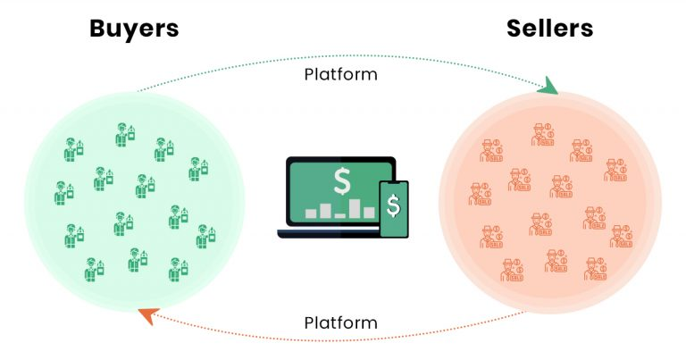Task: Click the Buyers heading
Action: pyautogui.click(x=134, y=29)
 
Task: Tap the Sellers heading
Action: pyautogui.click(x=549, y=29)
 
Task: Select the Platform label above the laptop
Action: pyautogui.click(x=341, y=74)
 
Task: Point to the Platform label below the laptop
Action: pyautogui.click(x=341, y=322)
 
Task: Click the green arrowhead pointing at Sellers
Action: pyautogui.click(x=548, y=86)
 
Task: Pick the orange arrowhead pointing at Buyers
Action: pyautogui.click(x=148, y=315)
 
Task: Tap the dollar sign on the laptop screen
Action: pyautogui.click(x=342, y=181)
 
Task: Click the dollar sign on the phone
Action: pyautogui.click(x=393, y=205)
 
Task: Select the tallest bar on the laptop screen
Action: pyautogui.click(x=355, y=209)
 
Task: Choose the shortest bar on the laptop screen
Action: pyautogui.click(x=340, y=215)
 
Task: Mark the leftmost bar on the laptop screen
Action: pyautogui.click(x=311, y=213)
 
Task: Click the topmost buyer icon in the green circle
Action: pyautogui.click(x=125, y=135)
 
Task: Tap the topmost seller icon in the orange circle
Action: pyautogui.click(x=543, y=135)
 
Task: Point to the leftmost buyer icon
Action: pyautogui.click(x=64, y=193)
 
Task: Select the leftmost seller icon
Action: pyautogui.click(x=480, y=194)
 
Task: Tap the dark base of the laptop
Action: pyautogui.click(x=329, y=233)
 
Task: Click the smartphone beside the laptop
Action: pyautogui.click(x=394, y=209)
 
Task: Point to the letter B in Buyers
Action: pyautogui.click(x=98, y=29)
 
